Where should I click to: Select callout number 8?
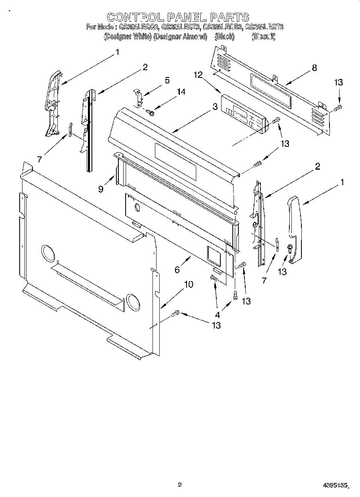[314, 68]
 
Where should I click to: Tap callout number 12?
[197, 75]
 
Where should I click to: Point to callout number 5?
[167, 80]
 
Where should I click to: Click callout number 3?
[215, 107]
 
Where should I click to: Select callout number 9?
[101, 189]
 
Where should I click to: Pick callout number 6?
[177, 270]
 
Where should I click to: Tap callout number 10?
[188, 284]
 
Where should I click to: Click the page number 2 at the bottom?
[180, 485]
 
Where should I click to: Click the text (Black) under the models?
[224, 37]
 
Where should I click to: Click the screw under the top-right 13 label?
[338, 107]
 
